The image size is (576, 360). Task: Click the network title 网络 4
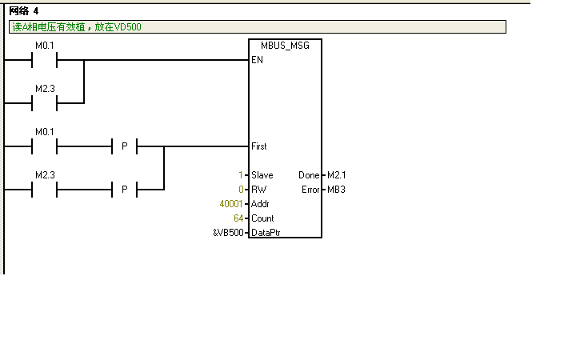(24, 10)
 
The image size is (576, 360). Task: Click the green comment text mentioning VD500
(77, 27)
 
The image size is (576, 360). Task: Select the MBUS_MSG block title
(285, 46)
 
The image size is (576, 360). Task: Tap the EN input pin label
(256, 60)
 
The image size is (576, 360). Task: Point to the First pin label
(259, 146)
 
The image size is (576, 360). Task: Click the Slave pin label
(262, 175)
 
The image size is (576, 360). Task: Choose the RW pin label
(258, 190)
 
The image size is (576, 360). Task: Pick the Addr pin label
(261, 204)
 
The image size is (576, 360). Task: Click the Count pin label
(262, 218)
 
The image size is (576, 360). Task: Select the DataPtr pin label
(266, 233)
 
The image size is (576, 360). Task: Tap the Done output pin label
(308, 175)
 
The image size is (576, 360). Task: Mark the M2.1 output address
(337, 175)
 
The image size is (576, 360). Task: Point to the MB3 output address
(336, 190)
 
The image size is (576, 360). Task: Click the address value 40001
(231, 204)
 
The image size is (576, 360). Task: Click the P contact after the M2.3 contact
(124, 190)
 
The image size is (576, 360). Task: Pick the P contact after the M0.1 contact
(124, 146)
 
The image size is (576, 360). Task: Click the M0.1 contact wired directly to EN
(44, 60)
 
